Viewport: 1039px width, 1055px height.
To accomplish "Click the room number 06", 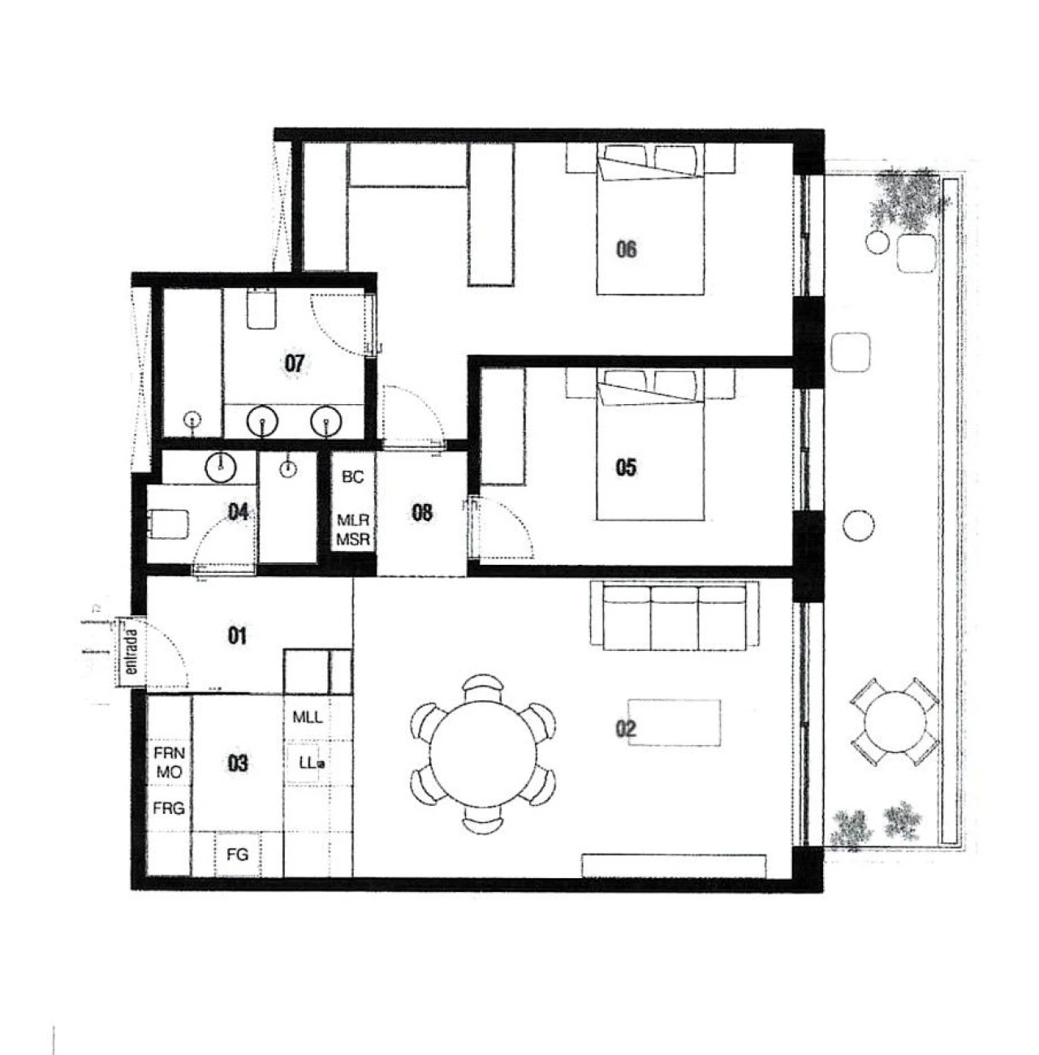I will (x=626, y=248).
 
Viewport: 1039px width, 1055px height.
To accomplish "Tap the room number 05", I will (x=626, y=467).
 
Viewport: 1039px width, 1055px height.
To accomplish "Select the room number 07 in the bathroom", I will (x=294, y=363).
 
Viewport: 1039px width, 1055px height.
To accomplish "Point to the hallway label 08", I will (x=422, y=512).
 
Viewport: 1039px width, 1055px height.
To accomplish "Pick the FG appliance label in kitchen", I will (x=237, y=854).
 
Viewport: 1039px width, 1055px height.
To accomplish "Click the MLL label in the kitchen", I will (x=308, y=717).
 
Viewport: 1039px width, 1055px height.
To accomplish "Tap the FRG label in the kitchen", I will (x=169, y=808).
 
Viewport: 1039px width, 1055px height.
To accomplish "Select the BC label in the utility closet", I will (x=353, y=477).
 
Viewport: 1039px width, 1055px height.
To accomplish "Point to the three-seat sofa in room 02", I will (x=675, y=617).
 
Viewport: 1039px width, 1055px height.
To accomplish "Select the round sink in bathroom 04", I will (x=220, y=467).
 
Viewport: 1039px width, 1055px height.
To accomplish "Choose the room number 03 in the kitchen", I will (x=237, y=763).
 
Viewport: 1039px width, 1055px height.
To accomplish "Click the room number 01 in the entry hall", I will (x=237, y=635).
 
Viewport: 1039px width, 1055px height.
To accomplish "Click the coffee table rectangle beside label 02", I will (x=674, y=722).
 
